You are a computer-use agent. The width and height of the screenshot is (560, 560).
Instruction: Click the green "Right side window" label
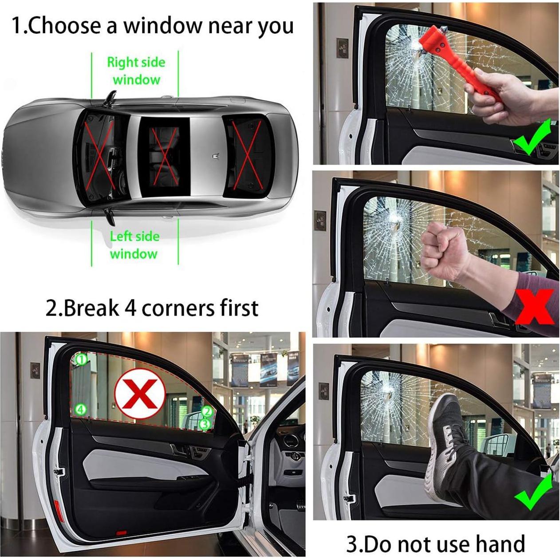coord(136,71)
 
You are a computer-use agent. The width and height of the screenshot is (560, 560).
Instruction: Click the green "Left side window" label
coord(134,245)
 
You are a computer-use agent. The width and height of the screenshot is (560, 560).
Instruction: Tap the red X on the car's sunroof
coord(165,156)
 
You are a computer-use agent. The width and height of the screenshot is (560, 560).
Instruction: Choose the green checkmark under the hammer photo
coord(532,138)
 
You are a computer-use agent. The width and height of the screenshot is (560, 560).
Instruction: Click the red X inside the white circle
coord(140,394)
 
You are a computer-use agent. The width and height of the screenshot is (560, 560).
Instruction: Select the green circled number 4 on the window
coord(80,409)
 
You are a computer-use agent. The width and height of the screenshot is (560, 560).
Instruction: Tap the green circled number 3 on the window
coord(204,424)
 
